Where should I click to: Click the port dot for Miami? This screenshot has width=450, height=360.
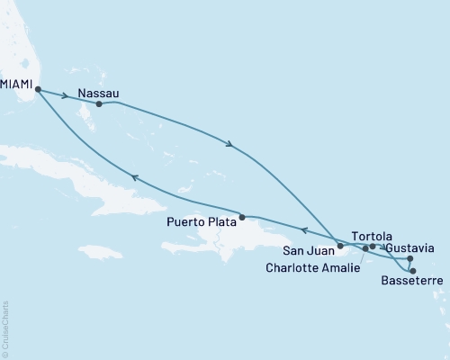coord(38,88)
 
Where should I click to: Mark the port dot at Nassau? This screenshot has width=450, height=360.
coord(99,104)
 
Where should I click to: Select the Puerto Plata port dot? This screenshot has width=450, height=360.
coord(242,216)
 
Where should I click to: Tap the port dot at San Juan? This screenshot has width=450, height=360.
coord(340,245)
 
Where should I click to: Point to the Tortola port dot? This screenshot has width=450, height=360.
coord(373,246)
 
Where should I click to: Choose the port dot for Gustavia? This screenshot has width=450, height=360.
coord(410,258)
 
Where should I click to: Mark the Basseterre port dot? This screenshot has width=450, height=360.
coord(413,271)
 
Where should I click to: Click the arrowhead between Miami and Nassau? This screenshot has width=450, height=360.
coord(66,95)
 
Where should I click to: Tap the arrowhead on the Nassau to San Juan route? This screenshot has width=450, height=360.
coord(232,145)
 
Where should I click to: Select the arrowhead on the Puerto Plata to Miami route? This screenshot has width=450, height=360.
coord(136,178)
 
